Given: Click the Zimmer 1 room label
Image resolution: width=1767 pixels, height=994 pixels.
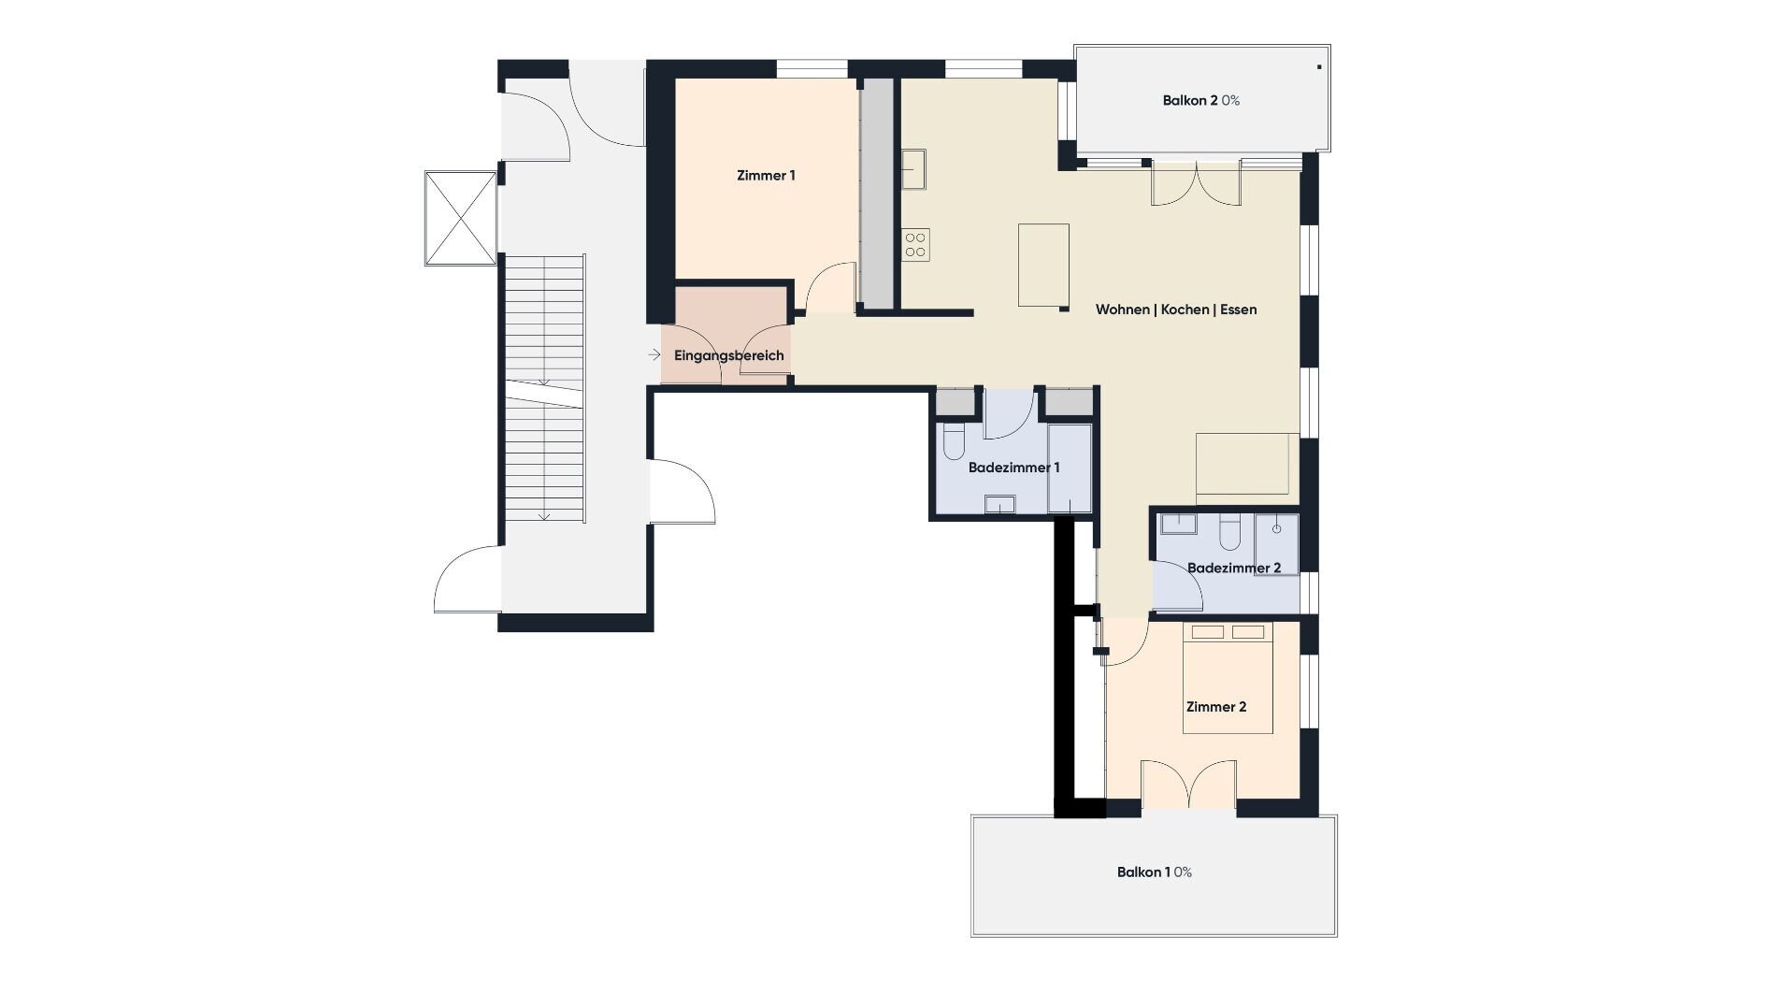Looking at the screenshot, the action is [766, 176].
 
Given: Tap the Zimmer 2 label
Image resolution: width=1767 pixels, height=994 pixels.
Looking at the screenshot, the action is [1216, 707].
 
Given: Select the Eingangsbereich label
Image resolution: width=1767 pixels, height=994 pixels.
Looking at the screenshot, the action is [729, 356].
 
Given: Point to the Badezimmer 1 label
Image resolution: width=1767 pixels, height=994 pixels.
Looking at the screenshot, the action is [1014, 468].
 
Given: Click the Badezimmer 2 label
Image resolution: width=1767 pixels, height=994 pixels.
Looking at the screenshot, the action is [1234, 568].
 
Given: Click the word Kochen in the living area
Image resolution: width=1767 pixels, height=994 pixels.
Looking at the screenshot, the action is [1185, 310].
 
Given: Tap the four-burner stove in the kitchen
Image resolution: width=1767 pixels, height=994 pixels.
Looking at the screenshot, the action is [916, 244].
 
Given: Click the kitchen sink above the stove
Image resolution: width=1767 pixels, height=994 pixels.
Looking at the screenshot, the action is [913, 169].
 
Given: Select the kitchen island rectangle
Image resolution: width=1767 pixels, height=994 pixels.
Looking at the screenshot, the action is [1043, 265].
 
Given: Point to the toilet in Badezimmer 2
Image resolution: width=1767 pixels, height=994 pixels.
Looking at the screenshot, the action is [1229, 531].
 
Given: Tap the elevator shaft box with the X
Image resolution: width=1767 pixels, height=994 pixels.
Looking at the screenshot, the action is [461, 218].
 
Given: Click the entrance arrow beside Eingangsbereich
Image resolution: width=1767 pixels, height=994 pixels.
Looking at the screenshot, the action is [654, 355].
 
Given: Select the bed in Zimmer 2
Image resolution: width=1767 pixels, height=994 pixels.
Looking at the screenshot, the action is [1228, 677].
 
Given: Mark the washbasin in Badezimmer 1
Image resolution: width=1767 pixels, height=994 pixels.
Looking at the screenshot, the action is [999, 506].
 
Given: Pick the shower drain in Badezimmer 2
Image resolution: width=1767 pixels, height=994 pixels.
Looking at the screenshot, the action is [1276, 529].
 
